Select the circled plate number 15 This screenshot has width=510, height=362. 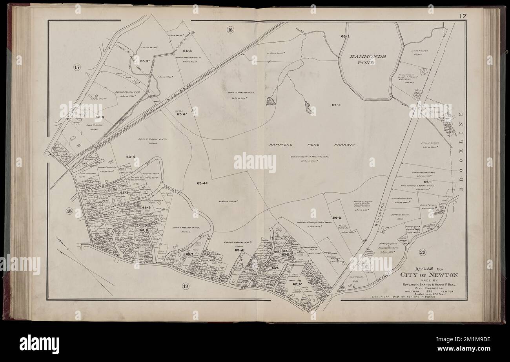click(x=77, y=68)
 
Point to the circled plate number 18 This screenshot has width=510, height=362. click(x=69, y=212)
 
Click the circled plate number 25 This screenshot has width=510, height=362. click(x=423, y=252)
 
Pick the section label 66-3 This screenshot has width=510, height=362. click(x=187, y=51)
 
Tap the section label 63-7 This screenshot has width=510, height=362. click(x=189, y=254)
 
